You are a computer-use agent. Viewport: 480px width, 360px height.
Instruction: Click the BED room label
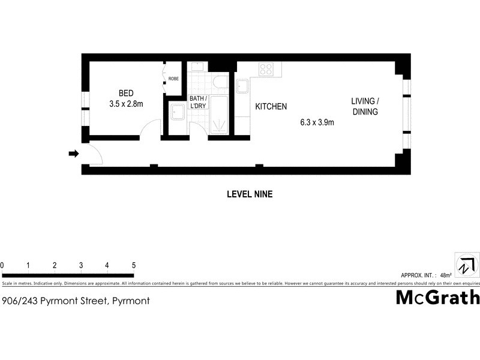click(x=126, y=93)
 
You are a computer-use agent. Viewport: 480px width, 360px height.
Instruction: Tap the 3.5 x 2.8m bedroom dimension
click(x=126, y=104)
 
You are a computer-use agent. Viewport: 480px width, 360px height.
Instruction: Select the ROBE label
click(x=173, y=79)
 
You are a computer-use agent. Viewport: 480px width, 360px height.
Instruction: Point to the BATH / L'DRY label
click(x=198, y=102)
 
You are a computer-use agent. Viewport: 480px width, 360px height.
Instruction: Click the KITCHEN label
click(x=271, y=107)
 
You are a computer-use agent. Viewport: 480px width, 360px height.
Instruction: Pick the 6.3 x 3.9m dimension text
click(x=317, y=122)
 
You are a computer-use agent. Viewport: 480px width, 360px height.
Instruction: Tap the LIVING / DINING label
click(x=365, y=106)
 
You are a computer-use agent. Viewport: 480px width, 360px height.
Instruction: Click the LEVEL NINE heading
click(x=250, y=194)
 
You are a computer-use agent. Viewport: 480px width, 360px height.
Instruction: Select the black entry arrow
click(x=74, y=154)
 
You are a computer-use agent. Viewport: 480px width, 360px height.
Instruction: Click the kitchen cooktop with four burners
click(x=266, y=69)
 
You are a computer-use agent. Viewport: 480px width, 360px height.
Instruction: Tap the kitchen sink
click(x=242, y=88)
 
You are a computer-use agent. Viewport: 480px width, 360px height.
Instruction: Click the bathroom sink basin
click(x=177, y=111)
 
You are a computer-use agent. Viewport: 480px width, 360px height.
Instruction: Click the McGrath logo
click(x=437, y=297)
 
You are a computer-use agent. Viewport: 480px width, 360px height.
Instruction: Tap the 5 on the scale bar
click(x=133, y=265)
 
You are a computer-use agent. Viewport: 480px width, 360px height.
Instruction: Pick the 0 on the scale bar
click(x=2, y=265)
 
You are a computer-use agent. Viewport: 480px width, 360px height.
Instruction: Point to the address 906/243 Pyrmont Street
click(x=76, y=301)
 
